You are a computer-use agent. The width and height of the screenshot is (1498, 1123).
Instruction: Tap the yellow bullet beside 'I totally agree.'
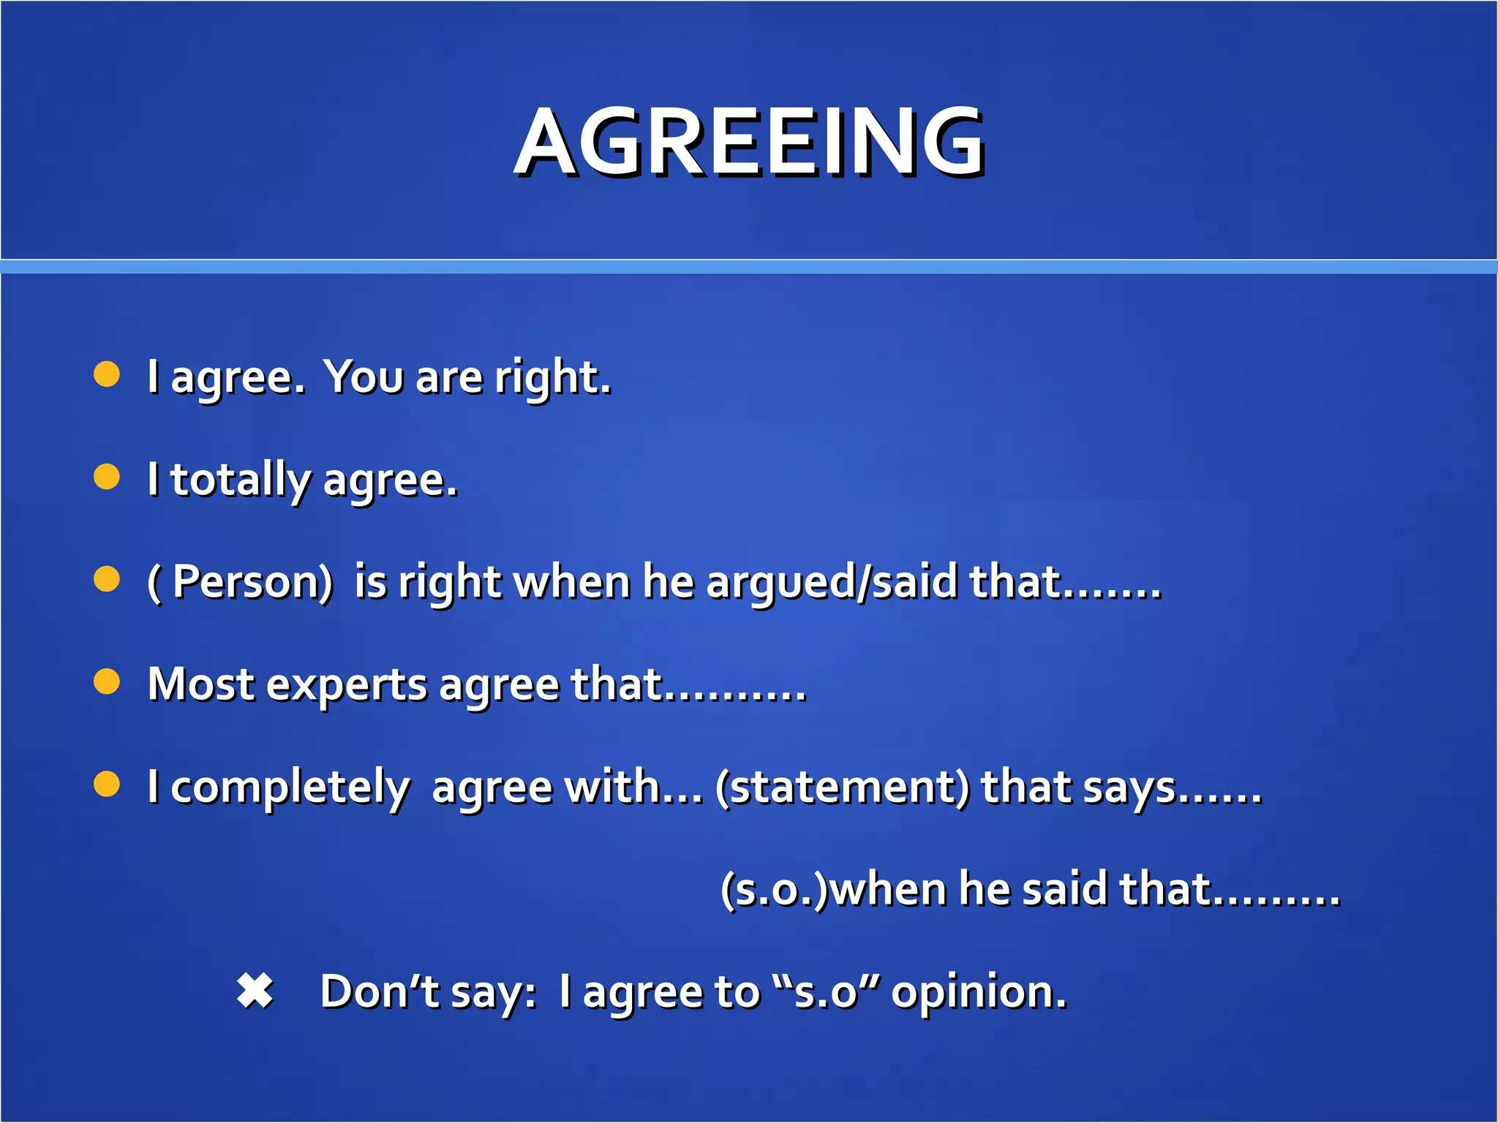point(107,477)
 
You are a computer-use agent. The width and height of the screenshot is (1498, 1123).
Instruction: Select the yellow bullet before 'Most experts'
point(107,681)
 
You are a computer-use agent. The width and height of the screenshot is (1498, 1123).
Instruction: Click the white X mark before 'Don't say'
point(255,991)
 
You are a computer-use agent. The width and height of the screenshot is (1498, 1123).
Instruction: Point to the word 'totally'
point(240,480)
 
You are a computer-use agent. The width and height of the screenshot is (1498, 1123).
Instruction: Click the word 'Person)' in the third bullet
point(253,583)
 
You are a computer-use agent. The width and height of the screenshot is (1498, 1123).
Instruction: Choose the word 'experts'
point(347,686)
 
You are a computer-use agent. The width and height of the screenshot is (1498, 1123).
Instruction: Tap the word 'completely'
point(290,788)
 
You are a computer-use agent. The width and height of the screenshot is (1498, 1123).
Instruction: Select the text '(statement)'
point(842,787)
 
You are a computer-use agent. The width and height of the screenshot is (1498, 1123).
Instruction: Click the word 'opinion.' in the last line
point(979,993)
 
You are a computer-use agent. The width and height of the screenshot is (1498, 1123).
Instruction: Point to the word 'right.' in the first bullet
point(552,378)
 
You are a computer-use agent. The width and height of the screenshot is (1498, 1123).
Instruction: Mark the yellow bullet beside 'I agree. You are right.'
point(107,374)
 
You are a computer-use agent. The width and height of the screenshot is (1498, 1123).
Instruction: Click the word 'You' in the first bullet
point(364,377)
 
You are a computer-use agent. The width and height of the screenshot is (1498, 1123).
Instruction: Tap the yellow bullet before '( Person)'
point(107,579)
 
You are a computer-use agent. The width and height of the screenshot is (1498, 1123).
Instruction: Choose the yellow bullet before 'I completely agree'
point(107,784)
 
